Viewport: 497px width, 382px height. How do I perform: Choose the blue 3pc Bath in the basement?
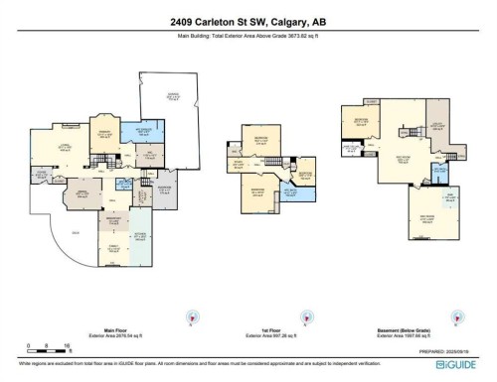(x=438, y=169)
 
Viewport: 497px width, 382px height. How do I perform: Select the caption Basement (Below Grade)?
(x=424, y=335)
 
